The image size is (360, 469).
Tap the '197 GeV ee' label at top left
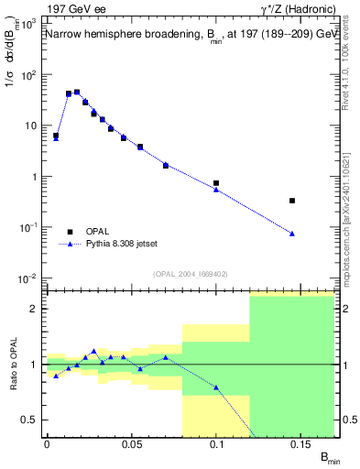(x=74, y=9)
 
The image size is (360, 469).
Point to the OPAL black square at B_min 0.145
(x=292, y=201)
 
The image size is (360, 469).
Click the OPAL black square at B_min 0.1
(x=216, y=183)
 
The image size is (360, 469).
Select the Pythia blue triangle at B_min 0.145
(x=292, y=234)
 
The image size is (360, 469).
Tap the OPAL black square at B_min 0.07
(x=166, y=165)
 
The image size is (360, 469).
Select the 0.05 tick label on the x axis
(x=131, y=444)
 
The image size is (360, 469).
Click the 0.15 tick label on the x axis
(x=301, y=444)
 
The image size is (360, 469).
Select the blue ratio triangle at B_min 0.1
(x=216, y=387)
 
